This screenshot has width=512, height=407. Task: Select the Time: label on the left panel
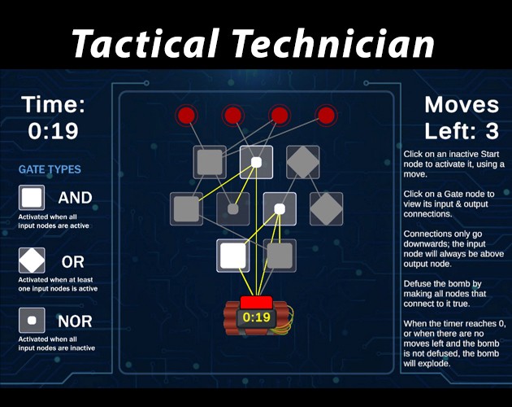(x=52, y=105)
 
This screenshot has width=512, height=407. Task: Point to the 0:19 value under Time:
(x=52, y=129)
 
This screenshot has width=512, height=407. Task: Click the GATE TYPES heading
(x=50, y=170)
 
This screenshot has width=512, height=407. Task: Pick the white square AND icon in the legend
(x=32, y=198)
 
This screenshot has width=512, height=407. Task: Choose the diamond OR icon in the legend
(x=32, y=261)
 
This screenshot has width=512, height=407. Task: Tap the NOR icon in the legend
(x=32, y=321)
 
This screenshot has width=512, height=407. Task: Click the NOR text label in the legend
(x=75, y=321)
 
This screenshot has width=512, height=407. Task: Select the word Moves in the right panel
(x=462, y=105)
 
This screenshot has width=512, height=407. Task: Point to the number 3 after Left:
(x=492, y=130)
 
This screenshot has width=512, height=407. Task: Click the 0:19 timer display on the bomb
(x=257, y=316)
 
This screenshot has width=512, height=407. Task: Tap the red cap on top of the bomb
(x=256, y=302)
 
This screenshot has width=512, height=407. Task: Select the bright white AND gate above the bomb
(x=233, y=256)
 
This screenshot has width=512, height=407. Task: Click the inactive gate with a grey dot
(x=233, y=209)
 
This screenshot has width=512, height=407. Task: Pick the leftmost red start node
(x=187, y=116)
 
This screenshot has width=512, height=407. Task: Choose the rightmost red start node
(x=327, y=116)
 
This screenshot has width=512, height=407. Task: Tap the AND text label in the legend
(x=75, y=198)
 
